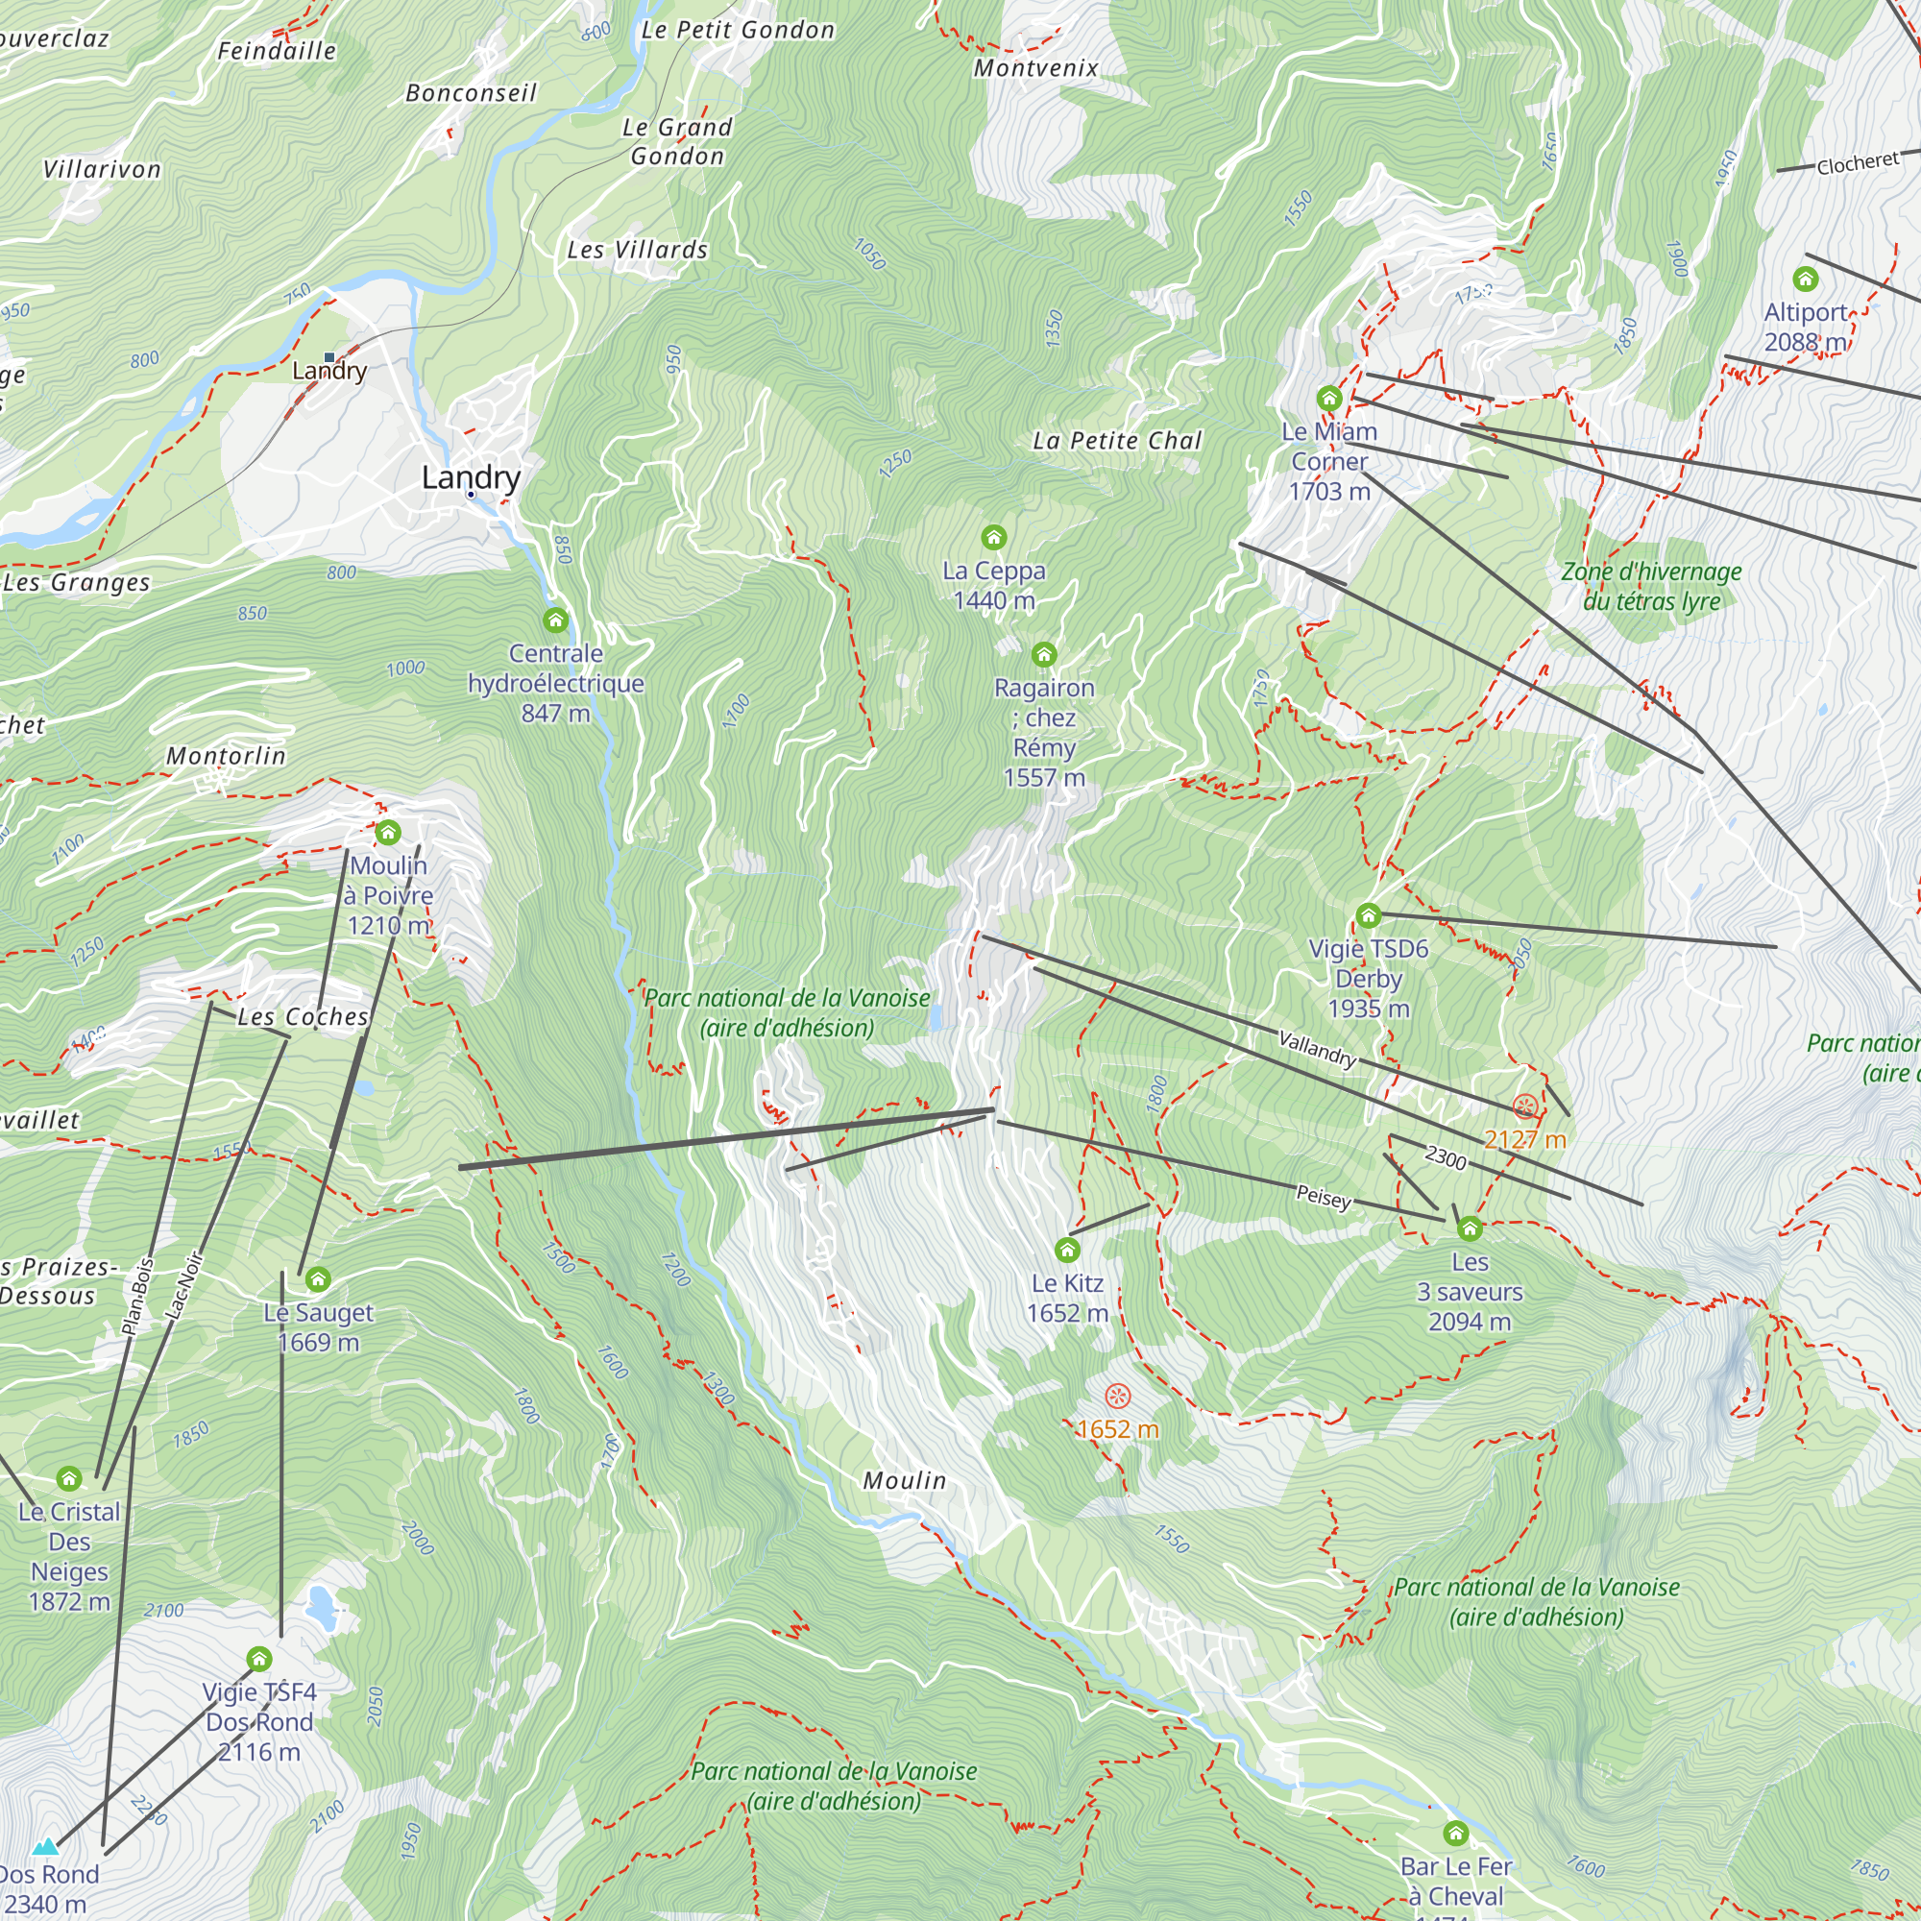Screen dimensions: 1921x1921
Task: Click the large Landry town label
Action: click(471, 477)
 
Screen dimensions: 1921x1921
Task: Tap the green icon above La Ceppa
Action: click(993, 538)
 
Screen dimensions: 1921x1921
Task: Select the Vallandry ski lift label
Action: click(1317, 1049)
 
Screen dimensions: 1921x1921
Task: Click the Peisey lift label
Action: click(1324, 1196)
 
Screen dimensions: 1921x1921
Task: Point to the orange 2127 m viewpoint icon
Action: click(1524, 1106)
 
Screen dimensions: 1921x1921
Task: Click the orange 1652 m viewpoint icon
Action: click(1118, 1396)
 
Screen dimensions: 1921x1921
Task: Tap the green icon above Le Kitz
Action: click(1067, 1250)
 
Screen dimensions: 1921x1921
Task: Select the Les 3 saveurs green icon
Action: click(1470, 1229)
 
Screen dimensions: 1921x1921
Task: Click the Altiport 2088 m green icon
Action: click(1805, 279)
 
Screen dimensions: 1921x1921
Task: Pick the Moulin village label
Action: click(904, 1480)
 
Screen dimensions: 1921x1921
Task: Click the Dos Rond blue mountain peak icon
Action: click(45, 1846)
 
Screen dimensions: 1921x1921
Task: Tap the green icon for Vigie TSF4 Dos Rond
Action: click(258, 1659)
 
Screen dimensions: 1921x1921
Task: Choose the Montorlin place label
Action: click(226, 756)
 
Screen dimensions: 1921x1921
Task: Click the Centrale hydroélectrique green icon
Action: click(556, 620)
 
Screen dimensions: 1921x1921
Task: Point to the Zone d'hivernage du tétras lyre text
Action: click(1650, 586)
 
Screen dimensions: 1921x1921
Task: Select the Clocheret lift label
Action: click(1858, 163)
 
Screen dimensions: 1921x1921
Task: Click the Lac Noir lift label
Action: click(184, 1287)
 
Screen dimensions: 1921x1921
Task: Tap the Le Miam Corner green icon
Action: click(1329, 399)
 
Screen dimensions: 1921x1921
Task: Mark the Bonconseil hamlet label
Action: click(471, 92)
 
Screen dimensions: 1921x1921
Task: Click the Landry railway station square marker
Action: click(329, 357)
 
